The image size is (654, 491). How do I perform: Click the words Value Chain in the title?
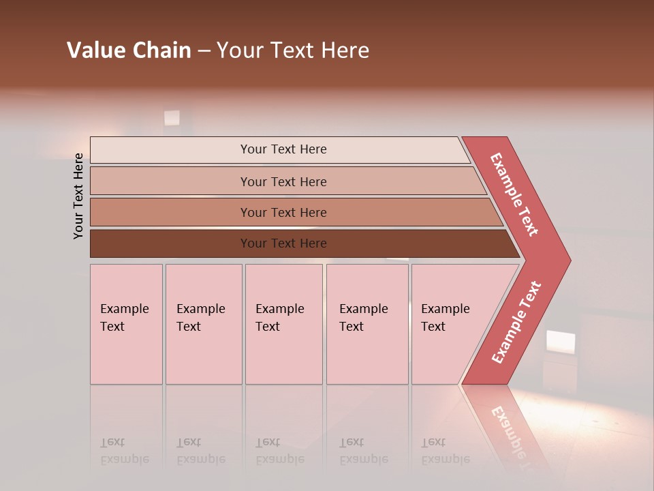click(x=129, y=50)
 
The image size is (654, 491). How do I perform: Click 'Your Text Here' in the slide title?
click(x=293, y=50)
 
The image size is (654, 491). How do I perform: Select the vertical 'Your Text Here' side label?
click(x=79, y=196)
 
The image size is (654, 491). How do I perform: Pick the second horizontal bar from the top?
click(x=283, y=181)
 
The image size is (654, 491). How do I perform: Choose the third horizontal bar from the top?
click(x=283, y=212)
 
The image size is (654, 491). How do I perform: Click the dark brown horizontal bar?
click(x=283, y=243)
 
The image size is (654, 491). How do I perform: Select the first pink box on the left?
click(x=126, y=324)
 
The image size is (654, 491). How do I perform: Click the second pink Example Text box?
click(x=204, y=324)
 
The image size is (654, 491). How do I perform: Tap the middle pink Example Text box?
click(x=283, y=324)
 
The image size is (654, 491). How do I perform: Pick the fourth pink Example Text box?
click(x=367, y=324)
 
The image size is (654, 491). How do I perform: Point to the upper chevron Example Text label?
click(x=515, y=195)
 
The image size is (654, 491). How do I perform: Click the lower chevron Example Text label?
click(x=516, y=322)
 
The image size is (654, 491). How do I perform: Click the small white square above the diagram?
click(x=172, y=118)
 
